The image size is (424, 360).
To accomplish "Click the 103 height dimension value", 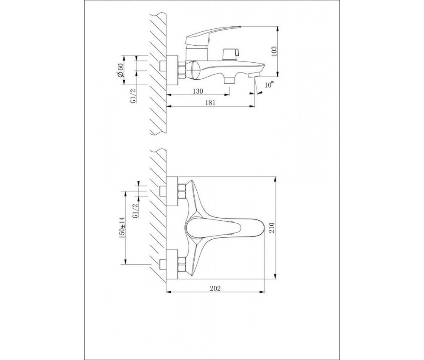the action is pos(274,51).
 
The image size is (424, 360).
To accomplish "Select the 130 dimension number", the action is pos(198,91).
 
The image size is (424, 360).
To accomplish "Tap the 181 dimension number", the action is pos(210,103).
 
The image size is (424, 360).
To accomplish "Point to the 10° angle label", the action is pos(269,85).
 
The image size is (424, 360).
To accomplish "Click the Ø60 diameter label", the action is pos(120,70).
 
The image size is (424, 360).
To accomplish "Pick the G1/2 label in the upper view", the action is pos(133,96).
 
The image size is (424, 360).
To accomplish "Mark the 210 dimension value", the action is pos(271,228).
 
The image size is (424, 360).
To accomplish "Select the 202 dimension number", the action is pos(215,288).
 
